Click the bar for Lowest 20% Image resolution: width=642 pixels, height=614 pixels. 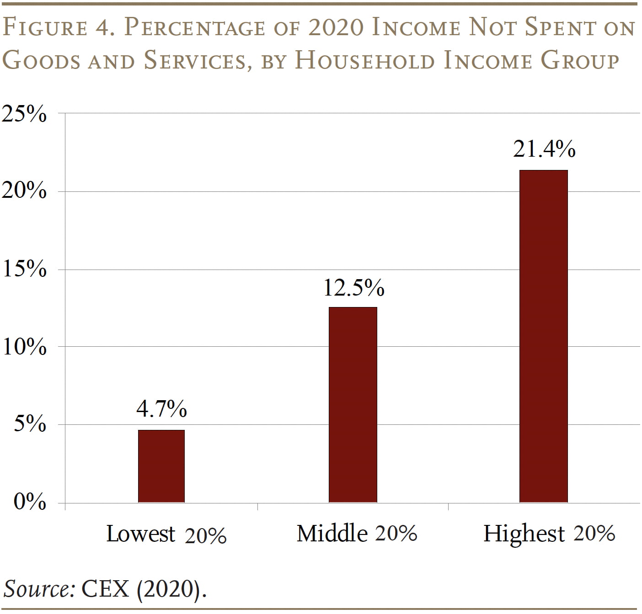(x=161, y=466)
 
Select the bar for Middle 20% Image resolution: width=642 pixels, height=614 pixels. (x=353, y=405)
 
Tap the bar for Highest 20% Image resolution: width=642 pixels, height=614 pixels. (x=543, y=336)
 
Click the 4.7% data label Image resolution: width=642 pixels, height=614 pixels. (x=161, y=408)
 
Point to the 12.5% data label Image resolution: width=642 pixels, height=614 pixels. (x=353, y=287)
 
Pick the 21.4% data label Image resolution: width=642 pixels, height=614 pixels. (x=544, y=149)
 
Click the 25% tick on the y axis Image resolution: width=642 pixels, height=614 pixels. (x=24, y=114)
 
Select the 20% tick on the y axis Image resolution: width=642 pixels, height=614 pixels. (x=24, y=191)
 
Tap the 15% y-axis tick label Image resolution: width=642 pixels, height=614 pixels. (x=24, y=269)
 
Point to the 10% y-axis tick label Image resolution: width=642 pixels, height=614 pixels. (x=24, y=347)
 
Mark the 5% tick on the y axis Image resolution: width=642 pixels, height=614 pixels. (x=29, y=424)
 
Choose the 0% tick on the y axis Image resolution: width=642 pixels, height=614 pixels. (x=29, y=502)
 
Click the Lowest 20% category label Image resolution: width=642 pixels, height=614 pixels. (x=166, y=534)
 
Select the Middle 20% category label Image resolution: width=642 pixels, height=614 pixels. (x=356, y=533)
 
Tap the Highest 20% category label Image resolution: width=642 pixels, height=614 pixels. (x=549, y=533)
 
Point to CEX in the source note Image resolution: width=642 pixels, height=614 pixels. (x=105, y=589)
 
